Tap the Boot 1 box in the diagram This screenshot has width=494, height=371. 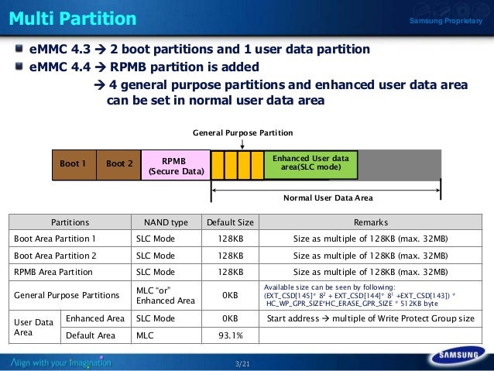pyautogui.click(x=74, y=164)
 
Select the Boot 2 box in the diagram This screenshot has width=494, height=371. pyautogui.click(x=119, y=164)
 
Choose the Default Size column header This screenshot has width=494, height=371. pyautogui.click(x=230, y=222)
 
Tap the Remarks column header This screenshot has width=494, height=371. pyautogui.click(x=370, y=222)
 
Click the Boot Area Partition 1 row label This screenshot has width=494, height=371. pyautogui.click(x=55, y=239)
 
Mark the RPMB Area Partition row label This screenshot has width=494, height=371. pyautogui.click(x=53, y=272)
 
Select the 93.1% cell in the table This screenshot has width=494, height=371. pyautogui.click(x=230, y=335)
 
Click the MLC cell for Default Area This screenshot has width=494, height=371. pyautogui.click(x=145, y=335)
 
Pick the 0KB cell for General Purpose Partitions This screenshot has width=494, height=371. pyautogui.click(x=230, y=295)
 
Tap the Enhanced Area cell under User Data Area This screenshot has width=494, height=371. pyautogui.click(x=95, y=318)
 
